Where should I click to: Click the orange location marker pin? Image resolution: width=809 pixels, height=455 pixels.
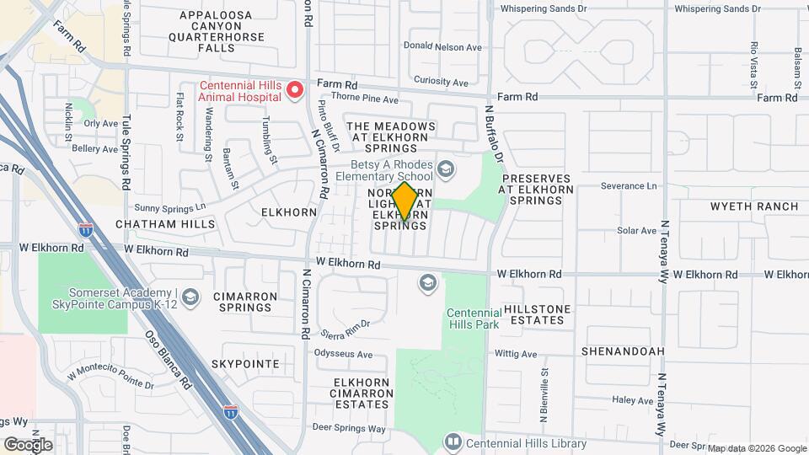pos(404,201)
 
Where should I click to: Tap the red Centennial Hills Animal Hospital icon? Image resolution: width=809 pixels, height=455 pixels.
pos(294,90)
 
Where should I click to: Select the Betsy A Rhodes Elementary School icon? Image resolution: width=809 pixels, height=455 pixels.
pos(445,170)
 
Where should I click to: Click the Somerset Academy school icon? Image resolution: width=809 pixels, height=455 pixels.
pos(191,296)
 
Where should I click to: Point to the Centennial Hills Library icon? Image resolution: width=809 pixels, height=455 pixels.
pos(453,442)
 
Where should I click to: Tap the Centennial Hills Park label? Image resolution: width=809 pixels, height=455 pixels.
pos(472,318)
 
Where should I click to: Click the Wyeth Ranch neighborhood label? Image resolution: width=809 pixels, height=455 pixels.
pos(754,206)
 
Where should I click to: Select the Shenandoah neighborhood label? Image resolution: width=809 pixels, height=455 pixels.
pos(624,351)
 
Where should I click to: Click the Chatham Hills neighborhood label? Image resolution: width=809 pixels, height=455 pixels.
pos(165,224)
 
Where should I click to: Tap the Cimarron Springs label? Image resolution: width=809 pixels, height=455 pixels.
pos(245,302)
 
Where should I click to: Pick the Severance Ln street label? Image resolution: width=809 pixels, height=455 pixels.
pos(628,185)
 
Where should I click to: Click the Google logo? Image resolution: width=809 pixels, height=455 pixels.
pos(28,444)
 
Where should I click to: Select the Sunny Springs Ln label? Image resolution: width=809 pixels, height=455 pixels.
pos(169,206)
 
